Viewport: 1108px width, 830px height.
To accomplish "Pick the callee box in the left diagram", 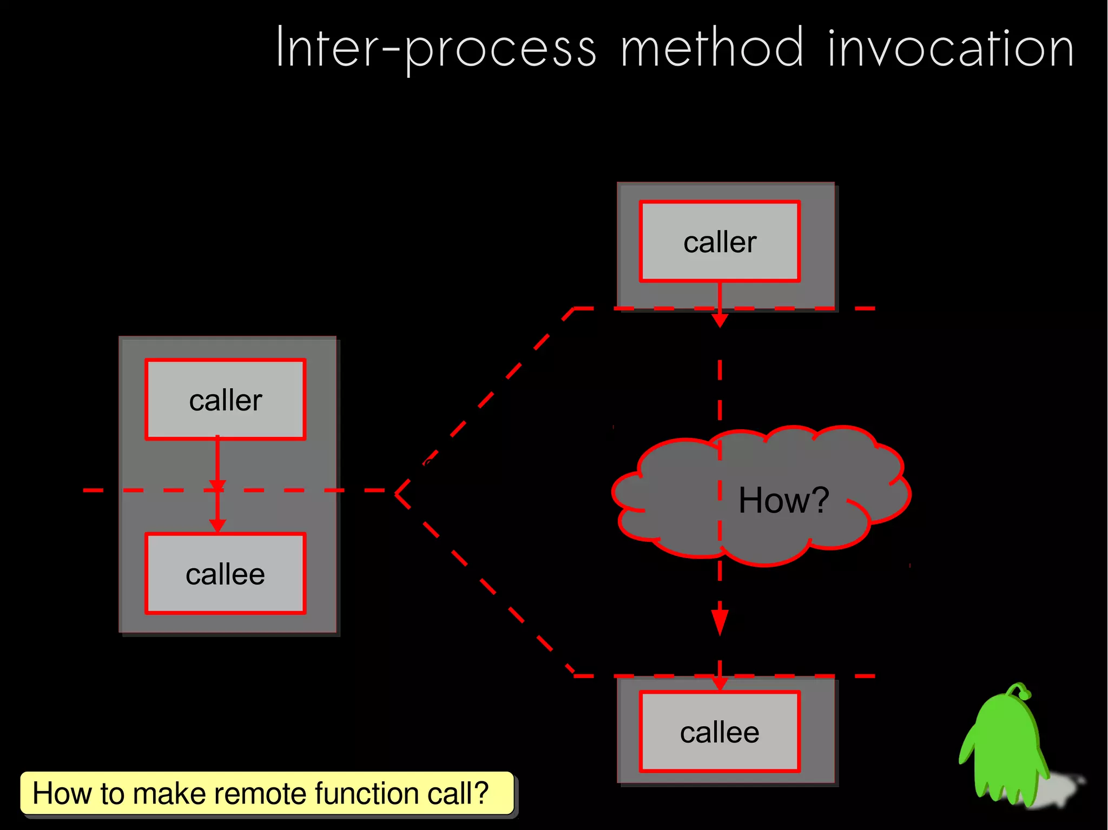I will tap(226, 574).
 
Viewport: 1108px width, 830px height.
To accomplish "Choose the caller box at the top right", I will tap(720, 242).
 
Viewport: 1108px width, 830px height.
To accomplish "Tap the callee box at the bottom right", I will tap(720, 732).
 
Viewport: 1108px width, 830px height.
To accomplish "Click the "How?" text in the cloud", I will tap(783, 500).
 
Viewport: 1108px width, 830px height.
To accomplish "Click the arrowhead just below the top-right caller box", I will tap(720, 321).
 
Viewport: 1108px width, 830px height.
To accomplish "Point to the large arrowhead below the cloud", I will tap(720, 622).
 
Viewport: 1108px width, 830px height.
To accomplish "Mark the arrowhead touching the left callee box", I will tap(217, 526).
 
